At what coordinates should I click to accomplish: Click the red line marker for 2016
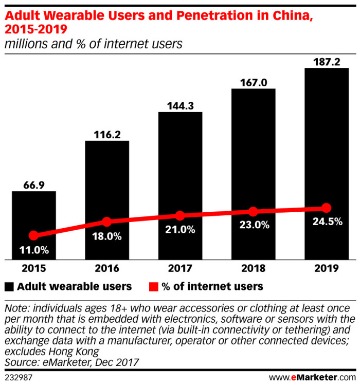(x=106, y=222)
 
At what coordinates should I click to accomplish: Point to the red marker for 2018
(x=253, y=211)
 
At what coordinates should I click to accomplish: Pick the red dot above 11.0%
(x=33, y=235)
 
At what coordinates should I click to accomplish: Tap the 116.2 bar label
(x=106, y=134)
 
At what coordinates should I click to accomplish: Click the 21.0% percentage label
(x=181, y=230)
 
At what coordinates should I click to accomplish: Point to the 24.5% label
(x=327, y=222)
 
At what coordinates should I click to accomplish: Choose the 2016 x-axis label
(x=106, y=268)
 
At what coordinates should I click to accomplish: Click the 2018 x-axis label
(x=253, y=268)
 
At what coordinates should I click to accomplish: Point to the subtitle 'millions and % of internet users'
(x=94, y=44)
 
